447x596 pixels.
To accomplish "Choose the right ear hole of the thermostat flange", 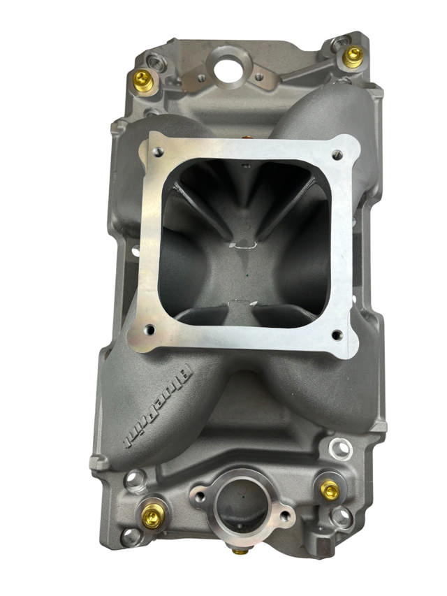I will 285,518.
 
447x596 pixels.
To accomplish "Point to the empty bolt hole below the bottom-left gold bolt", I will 130,537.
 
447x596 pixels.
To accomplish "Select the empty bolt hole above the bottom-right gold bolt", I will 339,447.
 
